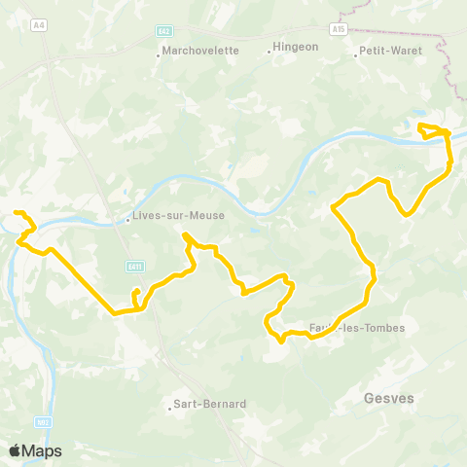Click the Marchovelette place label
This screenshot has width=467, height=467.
201,52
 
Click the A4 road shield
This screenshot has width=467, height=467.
39,25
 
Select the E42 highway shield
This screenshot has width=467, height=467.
164,31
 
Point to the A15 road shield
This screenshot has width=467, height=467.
338,29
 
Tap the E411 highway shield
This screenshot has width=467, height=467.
135,266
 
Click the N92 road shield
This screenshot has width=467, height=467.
43,421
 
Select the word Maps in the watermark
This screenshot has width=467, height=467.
44,450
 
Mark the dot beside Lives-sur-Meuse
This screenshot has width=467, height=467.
127,220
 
